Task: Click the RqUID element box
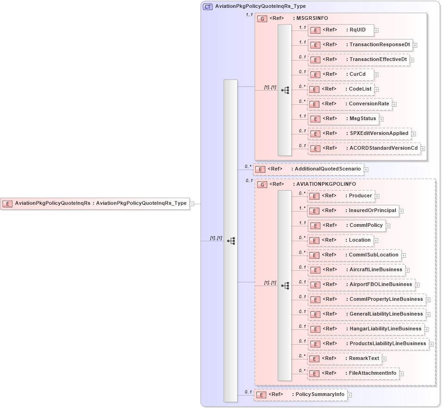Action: (x=341, y=30)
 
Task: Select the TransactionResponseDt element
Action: (x=360, y=45)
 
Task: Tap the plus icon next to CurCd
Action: (x=376, y=74)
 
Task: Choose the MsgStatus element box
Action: (x=343, y=119)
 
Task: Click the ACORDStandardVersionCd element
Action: (x=364, y=148)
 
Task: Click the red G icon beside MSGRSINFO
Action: (x=262, y=18)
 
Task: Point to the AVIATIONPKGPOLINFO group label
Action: (x=326, y=184)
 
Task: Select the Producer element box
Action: (x=341, y=196)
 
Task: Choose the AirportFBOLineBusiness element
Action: (x=361, y=285)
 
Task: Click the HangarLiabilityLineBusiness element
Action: (x=366, y=329)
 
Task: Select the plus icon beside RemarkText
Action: (x=384, y=359)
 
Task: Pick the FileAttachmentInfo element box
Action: (x=353, y=373)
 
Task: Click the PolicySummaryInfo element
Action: (x=301, y=395)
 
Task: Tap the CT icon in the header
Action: (x=208, y=6)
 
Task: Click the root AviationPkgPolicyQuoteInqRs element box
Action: (x=95, y=203)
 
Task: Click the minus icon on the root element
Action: (x=192, y=203)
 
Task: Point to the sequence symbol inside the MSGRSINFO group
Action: (x=285, y=90)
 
